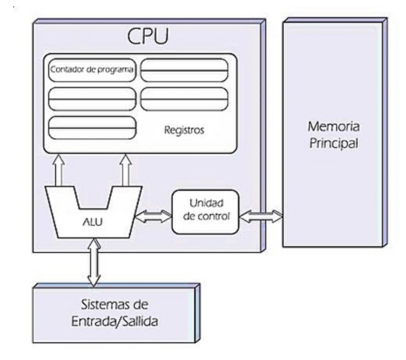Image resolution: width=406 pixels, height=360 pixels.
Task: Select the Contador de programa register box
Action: point(92,70)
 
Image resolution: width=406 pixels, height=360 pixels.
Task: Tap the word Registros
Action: point(184,130)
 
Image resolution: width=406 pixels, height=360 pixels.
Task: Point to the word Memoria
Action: point(333,127)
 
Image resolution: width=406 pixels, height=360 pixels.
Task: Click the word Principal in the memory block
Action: point(333,143)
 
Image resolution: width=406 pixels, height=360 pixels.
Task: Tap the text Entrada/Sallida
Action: point(114,321)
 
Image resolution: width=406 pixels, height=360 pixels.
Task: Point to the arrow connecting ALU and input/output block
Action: point(94,261)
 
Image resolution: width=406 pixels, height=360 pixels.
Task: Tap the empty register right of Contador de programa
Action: point(184,70)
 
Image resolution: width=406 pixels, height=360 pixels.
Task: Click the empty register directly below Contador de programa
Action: point(92,99)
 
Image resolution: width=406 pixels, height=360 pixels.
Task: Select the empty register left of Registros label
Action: point(92,128)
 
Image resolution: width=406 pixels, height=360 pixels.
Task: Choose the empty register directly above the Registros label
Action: point(184,99)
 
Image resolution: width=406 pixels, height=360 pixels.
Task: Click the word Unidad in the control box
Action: point(206,204)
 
